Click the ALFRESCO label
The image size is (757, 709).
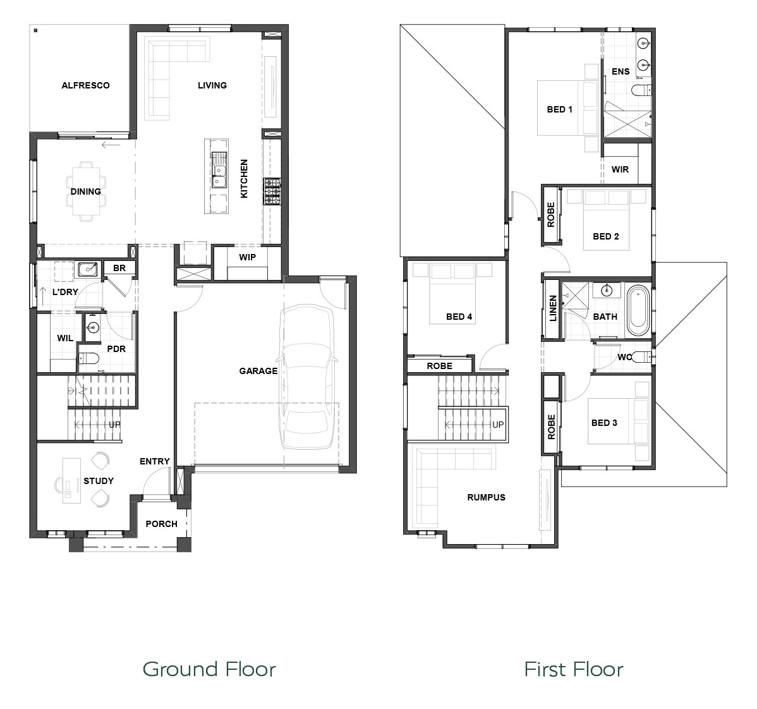click(85, 85)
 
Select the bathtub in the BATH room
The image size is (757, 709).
click(638, 310)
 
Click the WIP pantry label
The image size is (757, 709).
click(247, 257)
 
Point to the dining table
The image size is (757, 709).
click(87, 191)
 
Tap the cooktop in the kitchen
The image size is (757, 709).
click(272, 191)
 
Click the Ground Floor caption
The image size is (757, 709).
click(209, 669)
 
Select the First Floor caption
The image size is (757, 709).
click(574, 669)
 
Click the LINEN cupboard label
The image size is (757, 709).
click(553, 308)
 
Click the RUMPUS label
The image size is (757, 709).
click(486, 497)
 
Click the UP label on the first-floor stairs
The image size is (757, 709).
click(498, 425)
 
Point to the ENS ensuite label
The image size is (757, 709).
click(621, 71)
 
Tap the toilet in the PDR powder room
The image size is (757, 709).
click(88, 358)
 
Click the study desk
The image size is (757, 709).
click(71, 481)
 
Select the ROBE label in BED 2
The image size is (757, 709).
click(551, 214)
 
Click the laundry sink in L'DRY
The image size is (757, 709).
click(87, 269)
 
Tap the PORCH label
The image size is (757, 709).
click(161, 524)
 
